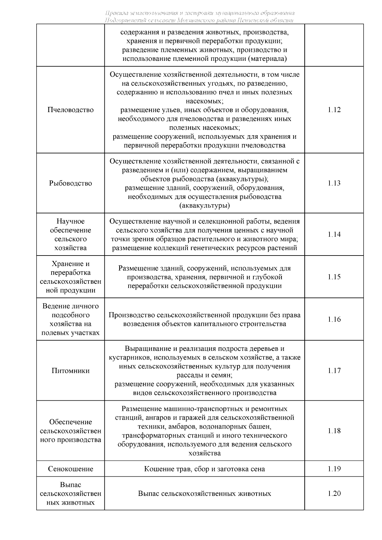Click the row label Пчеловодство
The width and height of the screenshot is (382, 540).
pyautogui.click(x=70, y=110)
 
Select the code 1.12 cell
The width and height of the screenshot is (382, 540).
pyautogui.click(x=334, y=110)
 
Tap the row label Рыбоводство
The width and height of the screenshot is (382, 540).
pyautogui.click(x=70, y=183)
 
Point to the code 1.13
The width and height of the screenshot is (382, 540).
pyautogui.click(x=334, y=183)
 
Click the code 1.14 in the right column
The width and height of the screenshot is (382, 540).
pyautogui.click(x=334, y=235)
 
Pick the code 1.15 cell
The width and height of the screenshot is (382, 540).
pyautogui.click(x=334, y=277)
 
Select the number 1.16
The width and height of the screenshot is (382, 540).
pyautogui.click(x=334, y=319)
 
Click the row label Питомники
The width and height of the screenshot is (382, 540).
pyautogui.click(x=70, y=371)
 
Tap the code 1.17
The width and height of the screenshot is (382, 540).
pyautogui.click(x=334, y=371)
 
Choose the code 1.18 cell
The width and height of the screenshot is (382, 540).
pyautogui.click(x=334, y=431)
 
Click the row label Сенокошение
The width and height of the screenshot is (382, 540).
pyautogui.click(x=70, y=469)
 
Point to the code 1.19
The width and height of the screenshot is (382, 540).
pyautogui.click(x=334, y=469)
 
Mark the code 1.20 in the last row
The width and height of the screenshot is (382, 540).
pyautogui.click(x=334, y=494)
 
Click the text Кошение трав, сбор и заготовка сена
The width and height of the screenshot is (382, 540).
pyautogui.click(x=204, y=469)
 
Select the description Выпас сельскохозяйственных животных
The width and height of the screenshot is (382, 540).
pyautogui.click(x=204, y=494)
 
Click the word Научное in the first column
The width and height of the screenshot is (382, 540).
pyautogui.click(x=70, y=221)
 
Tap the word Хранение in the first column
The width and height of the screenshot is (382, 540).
pyautogui.click(x=70, y=264)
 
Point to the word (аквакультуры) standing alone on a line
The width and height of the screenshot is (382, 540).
pyautogui.click(x=204, y=206)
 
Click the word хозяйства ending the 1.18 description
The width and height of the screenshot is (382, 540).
pyautogui.click(x=204, y=453)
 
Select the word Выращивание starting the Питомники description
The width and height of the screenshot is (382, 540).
pyautogui.click(x=144, y=349)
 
